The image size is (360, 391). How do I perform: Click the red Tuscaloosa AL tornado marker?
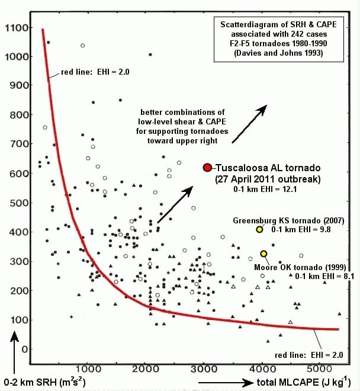[x=207, y=168]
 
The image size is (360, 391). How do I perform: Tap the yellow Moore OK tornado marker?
[x=263, y=254]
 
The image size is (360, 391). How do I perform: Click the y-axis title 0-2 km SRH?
[x=36, y=382]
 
